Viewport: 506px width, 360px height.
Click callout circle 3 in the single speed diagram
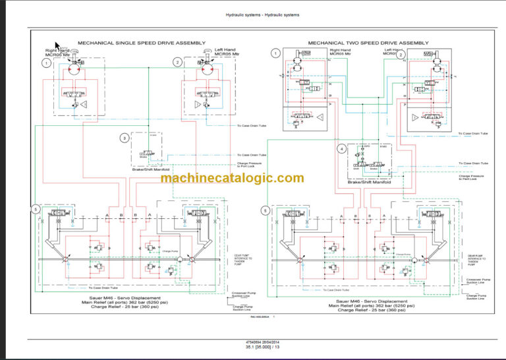[x=124, y=138]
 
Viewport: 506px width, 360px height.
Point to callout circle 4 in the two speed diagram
[x=341, y=149]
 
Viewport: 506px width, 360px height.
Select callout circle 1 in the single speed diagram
[x=45, y=63]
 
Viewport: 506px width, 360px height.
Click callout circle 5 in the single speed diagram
[x=36, y=210]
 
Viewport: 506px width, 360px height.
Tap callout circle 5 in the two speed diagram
[x=265, y=211]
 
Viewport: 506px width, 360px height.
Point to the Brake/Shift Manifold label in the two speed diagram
[x=370, y=182]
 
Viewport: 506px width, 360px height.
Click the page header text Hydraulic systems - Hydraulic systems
[x=252, y=15]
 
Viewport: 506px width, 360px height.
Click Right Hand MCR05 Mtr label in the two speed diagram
[x=340, y=52]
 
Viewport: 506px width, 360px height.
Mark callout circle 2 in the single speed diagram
[x=177, y=62]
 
